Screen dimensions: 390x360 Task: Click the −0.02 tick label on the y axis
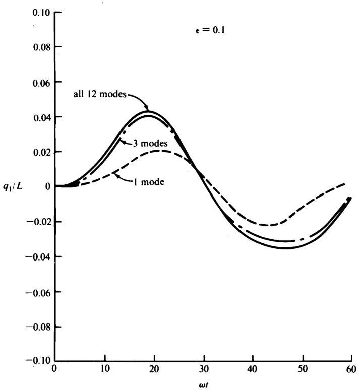(39, 222)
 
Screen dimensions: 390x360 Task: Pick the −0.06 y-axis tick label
(39, 292)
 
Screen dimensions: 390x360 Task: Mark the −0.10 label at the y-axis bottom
(39, 361)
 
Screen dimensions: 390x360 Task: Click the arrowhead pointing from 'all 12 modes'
(147, 108)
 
